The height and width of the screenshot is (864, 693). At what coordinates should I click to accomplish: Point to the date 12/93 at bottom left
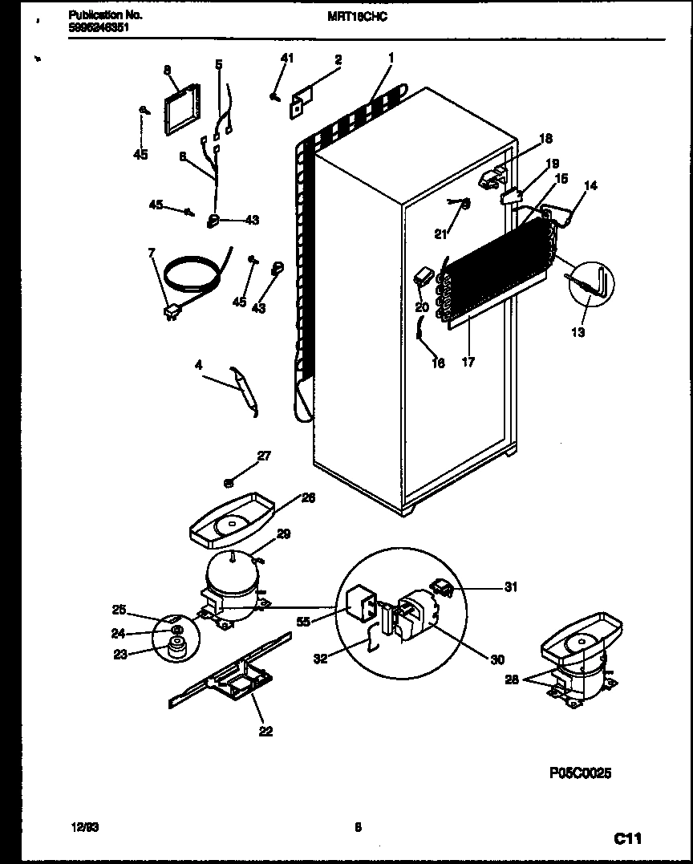click(78, 827)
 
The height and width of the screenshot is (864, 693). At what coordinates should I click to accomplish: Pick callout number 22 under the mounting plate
click(265, 731)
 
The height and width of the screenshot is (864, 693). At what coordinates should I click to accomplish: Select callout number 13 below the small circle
click(578, 332)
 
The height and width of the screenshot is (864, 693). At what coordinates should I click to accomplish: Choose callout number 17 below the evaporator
click(468, 362)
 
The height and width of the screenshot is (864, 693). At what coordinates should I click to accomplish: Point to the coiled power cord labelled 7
click(191, 277)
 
